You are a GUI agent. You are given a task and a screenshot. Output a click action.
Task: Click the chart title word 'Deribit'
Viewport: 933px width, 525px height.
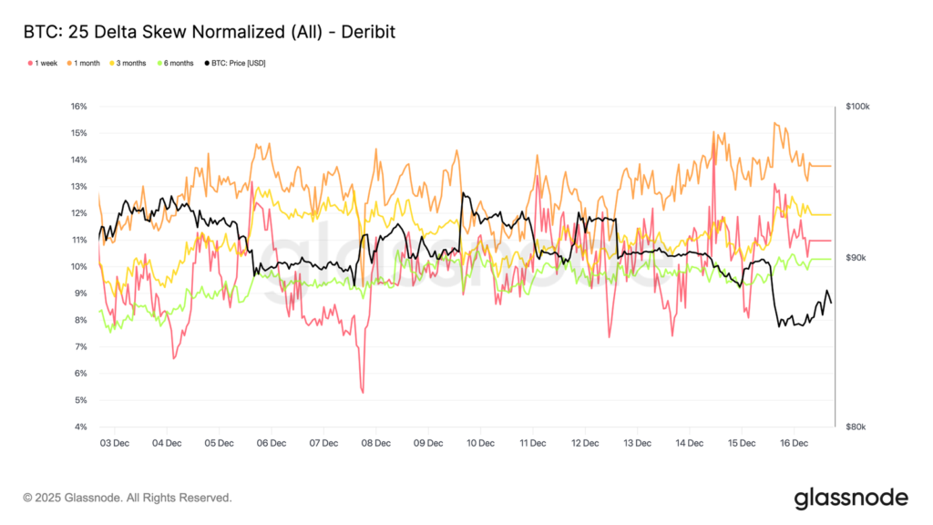point(363,32)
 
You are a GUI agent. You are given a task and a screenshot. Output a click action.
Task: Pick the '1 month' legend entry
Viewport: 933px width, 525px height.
point(87,63)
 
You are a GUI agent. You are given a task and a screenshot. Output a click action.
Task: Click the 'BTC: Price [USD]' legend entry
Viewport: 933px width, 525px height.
point(237,63)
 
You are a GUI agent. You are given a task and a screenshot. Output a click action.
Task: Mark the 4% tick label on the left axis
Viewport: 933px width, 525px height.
point(77,427)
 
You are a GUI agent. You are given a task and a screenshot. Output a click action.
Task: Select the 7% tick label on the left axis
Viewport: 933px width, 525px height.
point(77,347)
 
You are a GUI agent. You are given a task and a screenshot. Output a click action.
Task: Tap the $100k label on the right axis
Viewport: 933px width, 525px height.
point(857,107)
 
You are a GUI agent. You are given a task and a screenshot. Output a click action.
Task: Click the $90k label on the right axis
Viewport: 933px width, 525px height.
point(857,258)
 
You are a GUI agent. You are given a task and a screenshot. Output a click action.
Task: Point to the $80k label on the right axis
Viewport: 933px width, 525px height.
point(857,427)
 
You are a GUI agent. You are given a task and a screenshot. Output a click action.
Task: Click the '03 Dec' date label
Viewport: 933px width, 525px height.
point(114,443)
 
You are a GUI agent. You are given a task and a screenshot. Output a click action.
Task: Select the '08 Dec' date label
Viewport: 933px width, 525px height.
point(375,443)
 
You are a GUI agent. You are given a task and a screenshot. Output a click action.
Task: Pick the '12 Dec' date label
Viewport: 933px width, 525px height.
point(585,443)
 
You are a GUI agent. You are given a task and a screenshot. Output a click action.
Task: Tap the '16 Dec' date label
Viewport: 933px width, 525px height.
point(794,443)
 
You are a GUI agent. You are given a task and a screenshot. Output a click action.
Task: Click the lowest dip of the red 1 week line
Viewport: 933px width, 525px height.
point(363,392)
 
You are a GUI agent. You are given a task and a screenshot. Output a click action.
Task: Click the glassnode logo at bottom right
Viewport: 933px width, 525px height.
point(851,498)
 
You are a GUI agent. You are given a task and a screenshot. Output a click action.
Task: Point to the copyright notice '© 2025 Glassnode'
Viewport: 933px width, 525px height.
point(128,498)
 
